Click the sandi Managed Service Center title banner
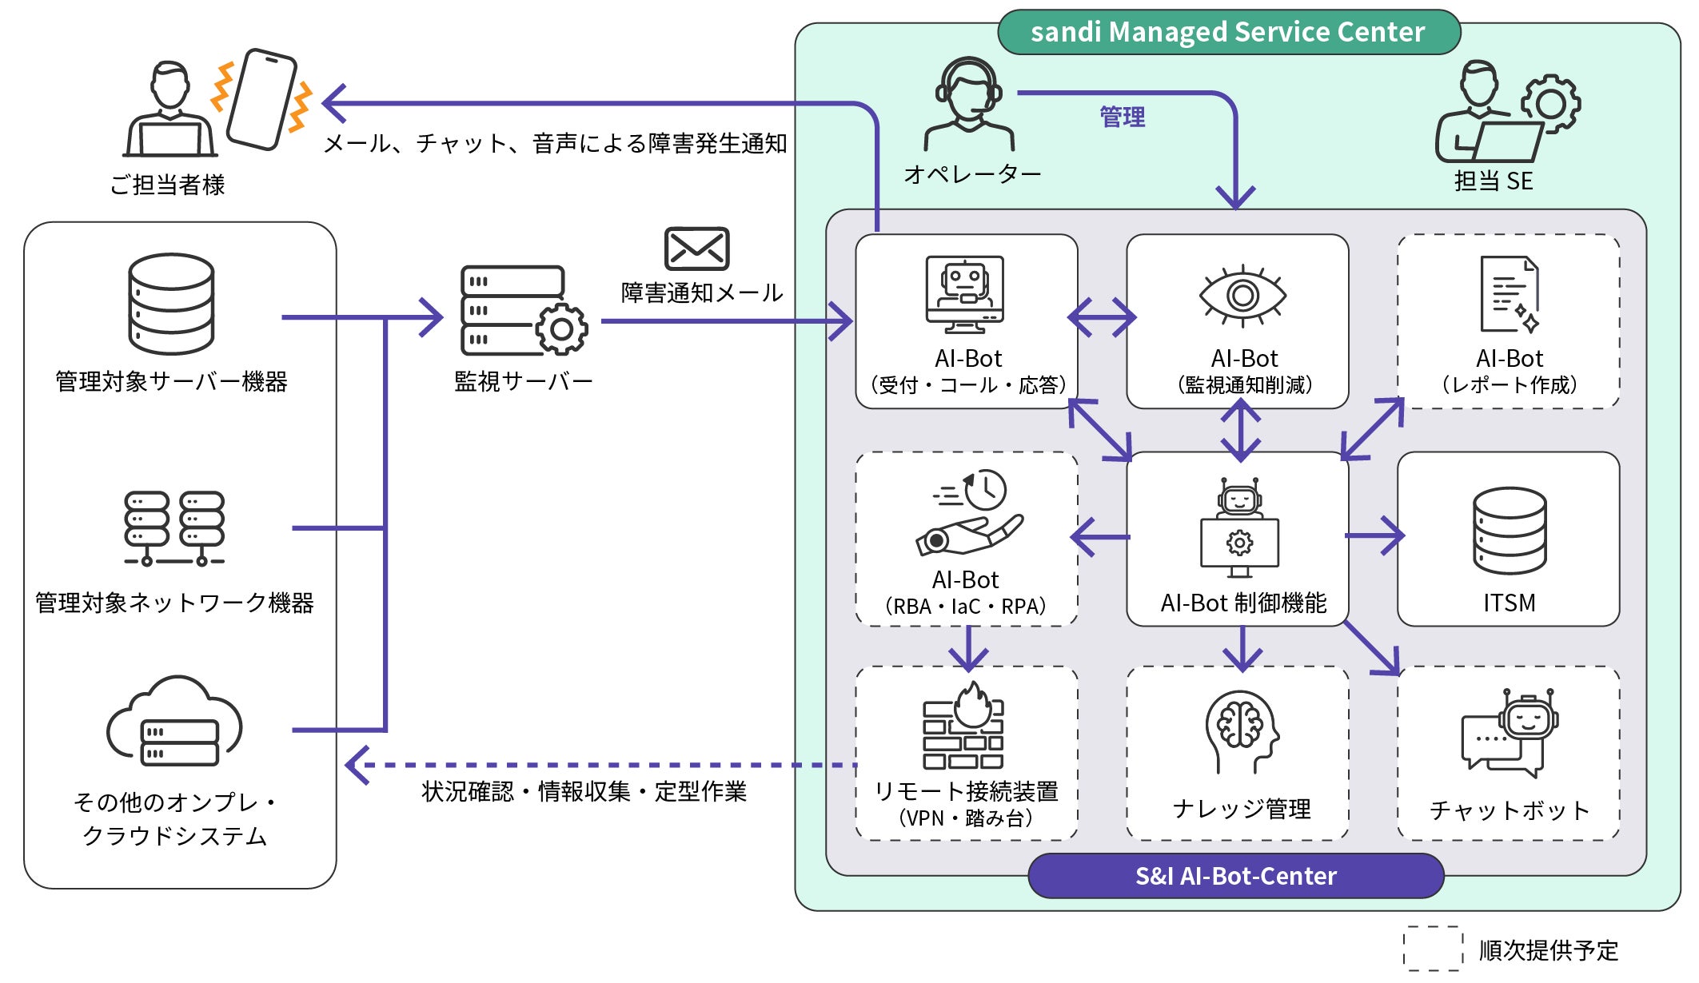tap(1229, 32)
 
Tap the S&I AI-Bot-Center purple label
tap(1235, 876)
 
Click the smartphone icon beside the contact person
tap(262, 99)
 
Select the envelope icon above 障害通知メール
tap(696, 249)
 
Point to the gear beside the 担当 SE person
tap(1550, 103)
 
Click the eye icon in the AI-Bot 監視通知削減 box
tap(1242, 296)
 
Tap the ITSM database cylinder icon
tap(1510, 531)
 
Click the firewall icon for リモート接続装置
tap(963, 727)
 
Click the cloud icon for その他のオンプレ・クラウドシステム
tap(174, 722)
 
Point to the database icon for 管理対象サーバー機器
tap(171, 304)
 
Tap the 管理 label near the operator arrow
tap(1122, 117)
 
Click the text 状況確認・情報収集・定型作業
tap(584, 792)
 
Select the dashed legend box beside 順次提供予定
tap(1433, 949)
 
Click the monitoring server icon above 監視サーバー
tap(524, 311)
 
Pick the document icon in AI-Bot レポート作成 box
tap(1509, 295)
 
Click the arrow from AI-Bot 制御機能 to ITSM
tap(1374, 536)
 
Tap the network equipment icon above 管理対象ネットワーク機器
tap(174, 528)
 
